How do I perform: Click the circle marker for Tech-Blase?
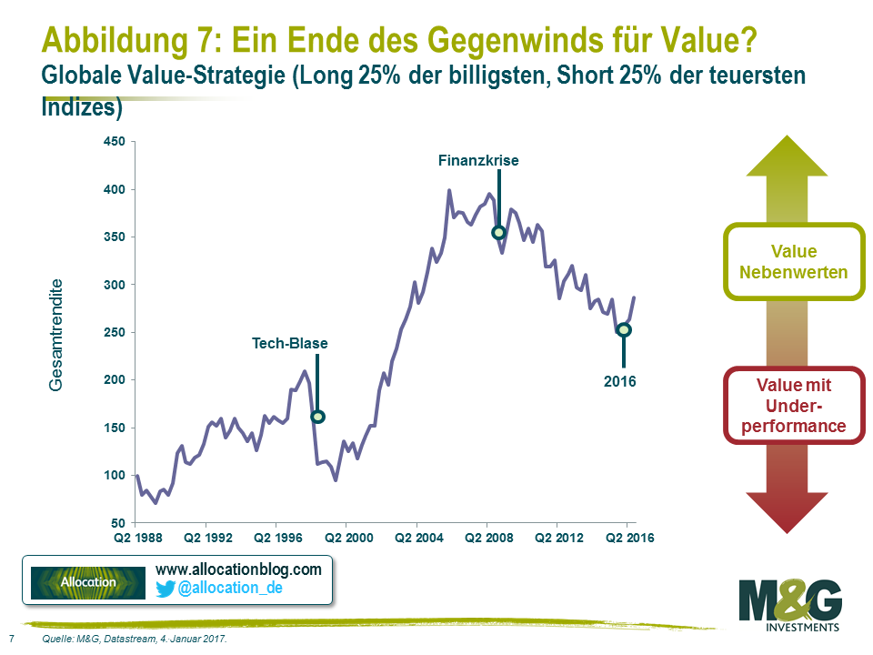point(317,417)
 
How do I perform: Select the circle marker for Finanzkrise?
point(498,232)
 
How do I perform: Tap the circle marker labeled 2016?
point(623,329)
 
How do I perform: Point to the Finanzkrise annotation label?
point(478,160)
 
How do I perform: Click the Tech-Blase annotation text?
point(290,344)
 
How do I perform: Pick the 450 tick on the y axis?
point(114,142)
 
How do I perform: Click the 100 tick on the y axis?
point(114,476)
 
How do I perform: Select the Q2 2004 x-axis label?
point(416,538)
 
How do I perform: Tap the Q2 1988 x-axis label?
point(135,538)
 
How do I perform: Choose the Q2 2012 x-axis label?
point(557,538)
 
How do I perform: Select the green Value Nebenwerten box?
point(793,261)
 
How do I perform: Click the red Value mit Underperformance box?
point(793,405)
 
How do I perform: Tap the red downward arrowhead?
point(794,509)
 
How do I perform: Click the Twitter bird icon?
point(166,589)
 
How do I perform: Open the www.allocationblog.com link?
point(239,569)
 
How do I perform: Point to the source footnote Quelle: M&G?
point(135,640)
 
